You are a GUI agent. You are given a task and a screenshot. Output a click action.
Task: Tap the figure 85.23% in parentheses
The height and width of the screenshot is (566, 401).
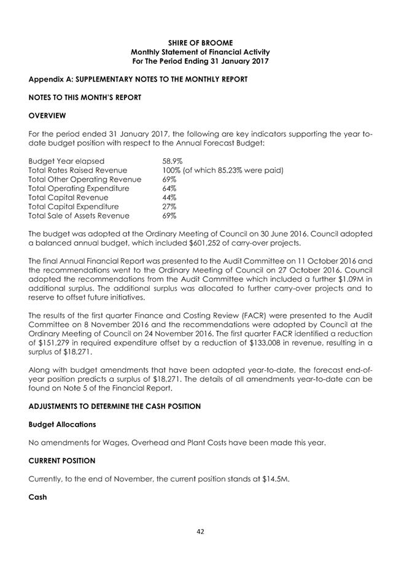236,169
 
